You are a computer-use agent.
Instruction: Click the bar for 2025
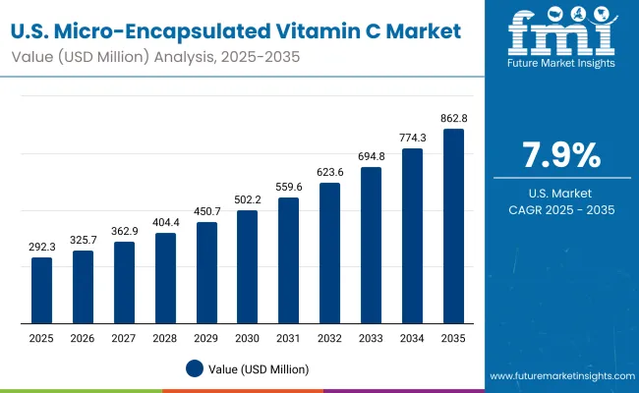[x=41, y=291]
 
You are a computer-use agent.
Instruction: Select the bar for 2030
[x=247, y=267]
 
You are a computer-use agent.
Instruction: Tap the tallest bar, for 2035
[x=453, y=226]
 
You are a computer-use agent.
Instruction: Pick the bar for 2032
[x=329, y=253]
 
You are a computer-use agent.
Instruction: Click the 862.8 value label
[x=453, y=119]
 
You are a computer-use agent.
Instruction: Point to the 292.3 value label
[x=41, y=248]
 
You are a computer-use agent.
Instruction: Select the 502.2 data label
[x=247, y=200]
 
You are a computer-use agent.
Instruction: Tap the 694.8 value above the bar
[x=371, y=157]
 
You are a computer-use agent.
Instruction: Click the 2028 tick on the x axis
[x=165, y=339]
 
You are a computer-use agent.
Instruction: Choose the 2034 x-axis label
[x=412, y=339]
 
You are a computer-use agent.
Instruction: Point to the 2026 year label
[x=83, y=339]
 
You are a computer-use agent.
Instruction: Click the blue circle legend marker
[x=195, y=368]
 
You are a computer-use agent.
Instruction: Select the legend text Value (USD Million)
[x=258, y=368]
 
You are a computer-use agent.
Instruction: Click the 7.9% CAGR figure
[x=560, y=156]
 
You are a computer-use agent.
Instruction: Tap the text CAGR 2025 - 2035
[x=560, y=209]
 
